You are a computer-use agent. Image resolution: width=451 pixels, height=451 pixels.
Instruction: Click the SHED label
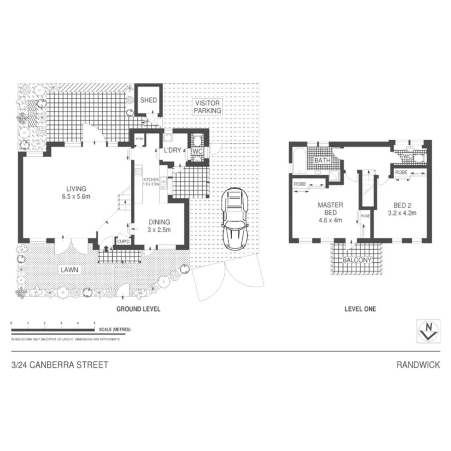point(148,100)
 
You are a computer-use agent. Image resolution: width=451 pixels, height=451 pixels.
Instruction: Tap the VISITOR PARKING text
point(207,106)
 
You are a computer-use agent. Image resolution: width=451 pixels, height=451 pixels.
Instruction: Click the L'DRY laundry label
point(172,150)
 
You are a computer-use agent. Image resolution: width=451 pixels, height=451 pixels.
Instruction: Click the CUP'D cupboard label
point(124,242)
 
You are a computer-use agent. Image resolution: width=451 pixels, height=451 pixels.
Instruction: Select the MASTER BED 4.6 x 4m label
point(330,212)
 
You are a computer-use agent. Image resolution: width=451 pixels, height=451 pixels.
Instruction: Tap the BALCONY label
point(357,260)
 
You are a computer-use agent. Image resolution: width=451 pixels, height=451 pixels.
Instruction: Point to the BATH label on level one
point(323,161)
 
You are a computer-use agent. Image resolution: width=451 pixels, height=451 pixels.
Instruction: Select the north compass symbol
point(428,331)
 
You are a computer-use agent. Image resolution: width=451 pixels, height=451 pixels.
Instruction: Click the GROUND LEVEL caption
point(138,309)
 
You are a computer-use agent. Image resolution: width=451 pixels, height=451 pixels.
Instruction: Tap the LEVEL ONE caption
point(360,309)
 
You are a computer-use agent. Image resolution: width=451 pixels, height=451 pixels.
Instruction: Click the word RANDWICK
point(418,365)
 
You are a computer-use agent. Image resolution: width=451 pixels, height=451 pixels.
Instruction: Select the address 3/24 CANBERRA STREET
point(60,365)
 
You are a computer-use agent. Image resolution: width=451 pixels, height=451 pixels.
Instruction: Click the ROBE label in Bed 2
point(401,172)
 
